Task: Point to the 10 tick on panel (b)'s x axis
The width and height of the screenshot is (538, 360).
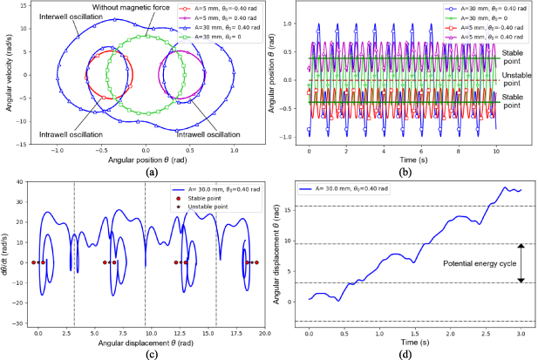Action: coord(496,151)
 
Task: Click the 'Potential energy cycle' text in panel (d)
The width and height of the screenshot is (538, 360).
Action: coord(482,263)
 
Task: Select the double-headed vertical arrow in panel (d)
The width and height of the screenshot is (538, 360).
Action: coord(521,263)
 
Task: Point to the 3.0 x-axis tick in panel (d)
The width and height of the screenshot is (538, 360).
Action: coord(520,335)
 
